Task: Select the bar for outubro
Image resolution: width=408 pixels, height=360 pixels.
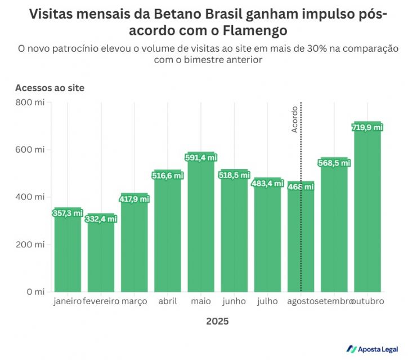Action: click(368, 208)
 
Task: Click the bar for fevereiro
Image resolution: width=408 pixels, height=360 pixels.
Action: click(101, 254)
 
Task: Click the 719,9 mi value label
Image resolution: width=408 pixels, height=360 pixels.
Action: click(367, 128)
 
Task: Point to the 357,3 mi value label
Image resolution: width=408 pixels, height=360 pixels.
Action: click(68, 214)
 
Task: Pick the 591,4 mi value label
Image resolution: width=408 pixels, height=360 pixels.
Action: click(201, 158)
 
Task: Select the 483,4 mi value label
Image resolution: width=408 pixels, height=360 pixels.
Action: click(267, 184)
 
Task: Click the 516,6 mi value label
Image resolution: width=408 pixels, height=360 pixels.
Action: click(168, 176)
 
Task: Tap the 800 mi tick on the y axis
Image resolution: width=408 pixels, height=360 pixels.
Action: click(31, 102)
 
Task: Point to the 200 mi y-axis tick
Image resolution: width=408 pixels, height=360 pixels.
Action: click(31, 245)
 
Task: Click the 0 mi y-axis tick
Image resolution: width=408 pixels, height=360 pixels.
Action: click(35, 292)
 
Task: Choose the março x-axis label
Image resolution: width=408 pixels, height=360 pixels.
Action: click(134, 301)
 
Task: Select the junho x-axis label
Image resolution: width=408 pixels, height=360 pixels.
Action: click(234, 301)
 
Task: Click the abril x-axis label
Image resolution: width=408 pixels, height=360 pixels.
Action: click(168, 301)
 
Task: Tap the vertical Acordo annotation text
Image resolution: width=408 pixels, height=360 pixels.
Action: click(294, 119)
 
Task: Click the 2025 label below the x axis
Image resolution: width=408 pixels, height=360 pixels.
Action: click(217, 322)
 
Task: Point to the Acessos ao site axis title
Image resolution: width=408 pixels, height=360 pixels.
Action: click(50, 88)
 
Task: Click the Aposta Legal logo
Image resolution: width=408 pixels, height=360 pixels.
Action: click(373, 349)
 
